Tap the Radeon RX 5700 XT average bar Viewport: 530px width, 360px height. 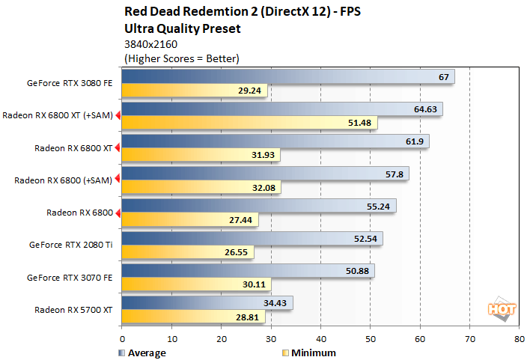[207, 302]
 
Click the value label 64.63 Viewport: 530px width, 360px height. [425, 109]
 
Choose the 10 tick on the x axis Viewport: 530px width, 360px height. [171, 338]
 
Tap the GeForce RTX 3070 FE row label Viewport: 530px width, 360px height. [71, 277]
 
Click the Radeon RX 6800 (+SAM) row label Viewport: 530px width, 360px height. [64, 180]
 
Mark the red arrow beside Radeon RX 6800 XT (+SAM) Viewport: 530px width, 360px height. [118, 115]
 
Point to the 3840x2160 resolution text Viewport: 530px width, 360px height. [149, 44]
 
